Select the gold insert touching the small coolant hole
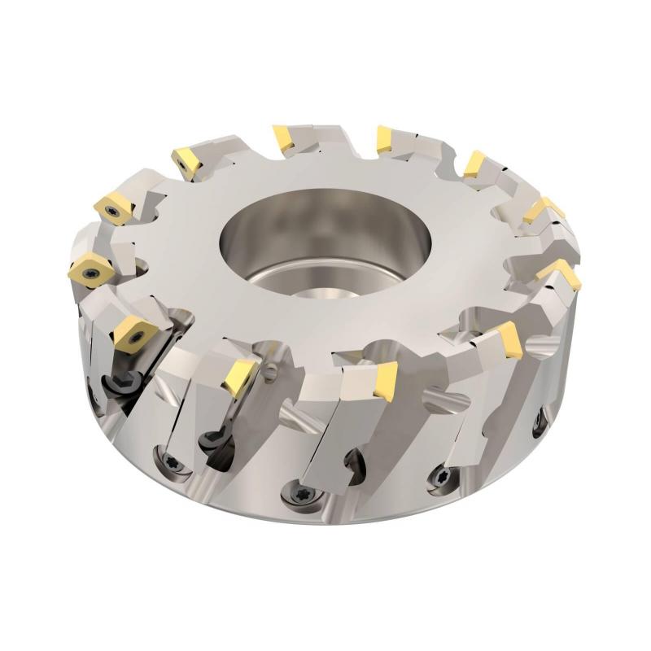pyautogui.click(x=242, y=376)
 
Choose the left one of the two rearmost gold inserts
pyautogui.click(x=286, y=138)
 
